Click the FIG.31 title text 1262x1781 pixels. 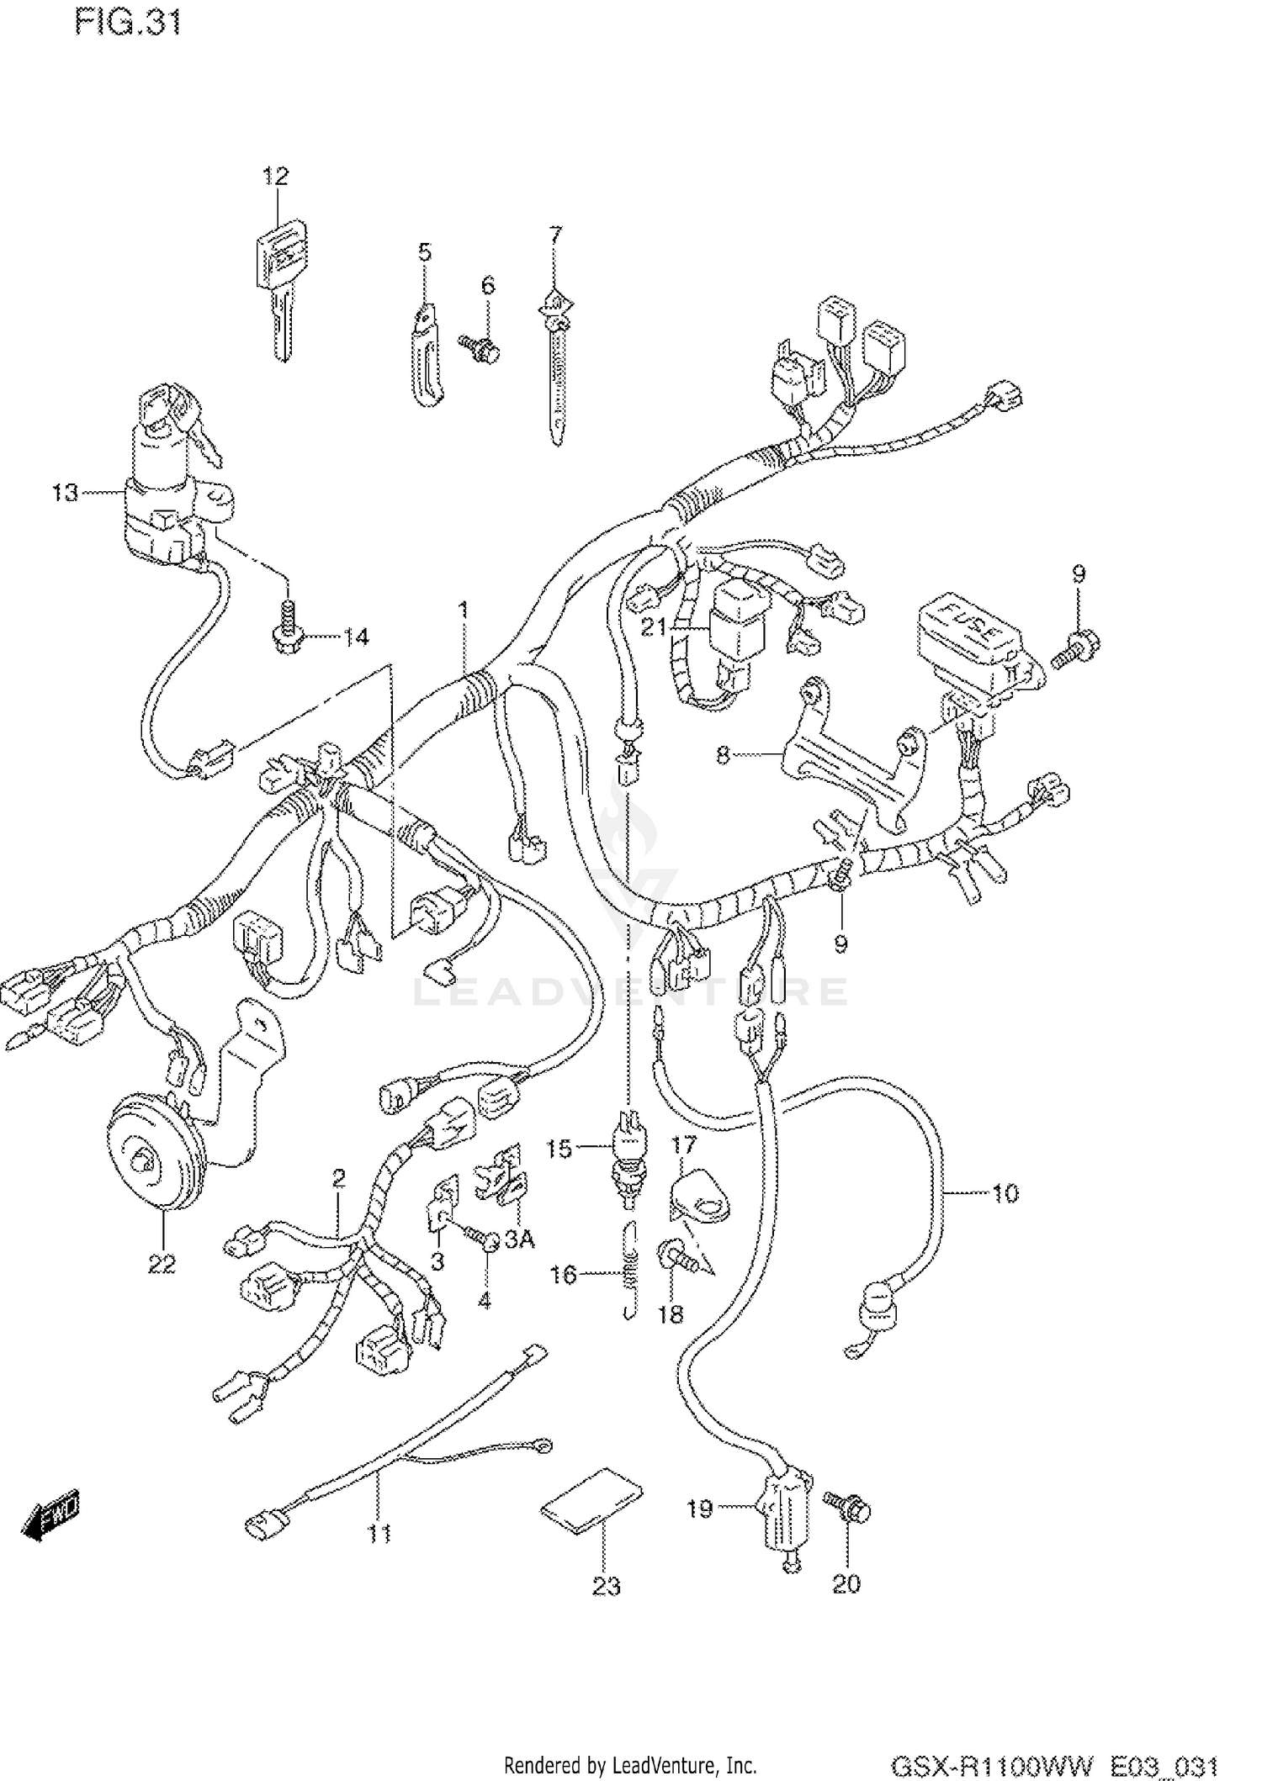[x=128, y=23]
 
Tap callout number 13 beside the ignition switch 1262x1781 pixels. [x=65, y=492]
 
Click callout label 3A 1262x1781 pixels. [x=519, y=1239]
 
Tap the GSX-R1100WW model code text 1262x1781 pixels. [x=993, y=1765]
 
